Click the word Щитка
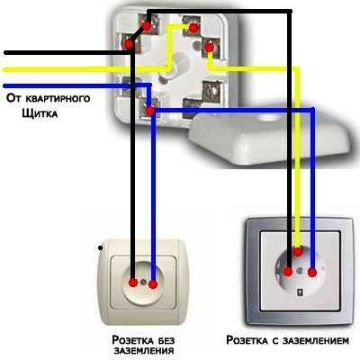tap(40, 113)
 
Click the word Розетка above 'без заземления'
tap(132, 340)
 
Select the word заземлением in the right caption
tap(316, 340)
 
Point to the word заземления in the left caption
tap(144, 350)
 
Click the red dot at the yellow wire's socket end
tap(298, 251)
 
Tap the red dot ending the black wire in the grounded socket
tap(288, 272)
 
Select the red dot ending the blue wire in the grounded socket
tap(312, 273)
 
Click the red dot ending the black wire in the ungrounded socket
tap(133, 283)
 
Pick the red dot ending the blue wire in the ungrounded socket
tap(153, 284)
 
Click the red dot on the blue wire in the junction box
tap(149, 112)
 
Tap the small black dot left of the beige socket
tap(101, 248)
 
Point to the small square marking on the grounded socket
tap(300, 292)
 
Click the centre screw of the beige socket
tap(143, 282)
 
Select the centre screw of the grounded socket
tap(300, 271)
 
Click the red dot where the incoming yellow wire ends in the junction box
tap(193, 28)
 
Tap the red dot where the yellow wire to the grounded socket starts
tap(210, 47)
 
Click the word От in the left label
tap(14, 98)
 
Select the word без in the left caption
tap(166, 340)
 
